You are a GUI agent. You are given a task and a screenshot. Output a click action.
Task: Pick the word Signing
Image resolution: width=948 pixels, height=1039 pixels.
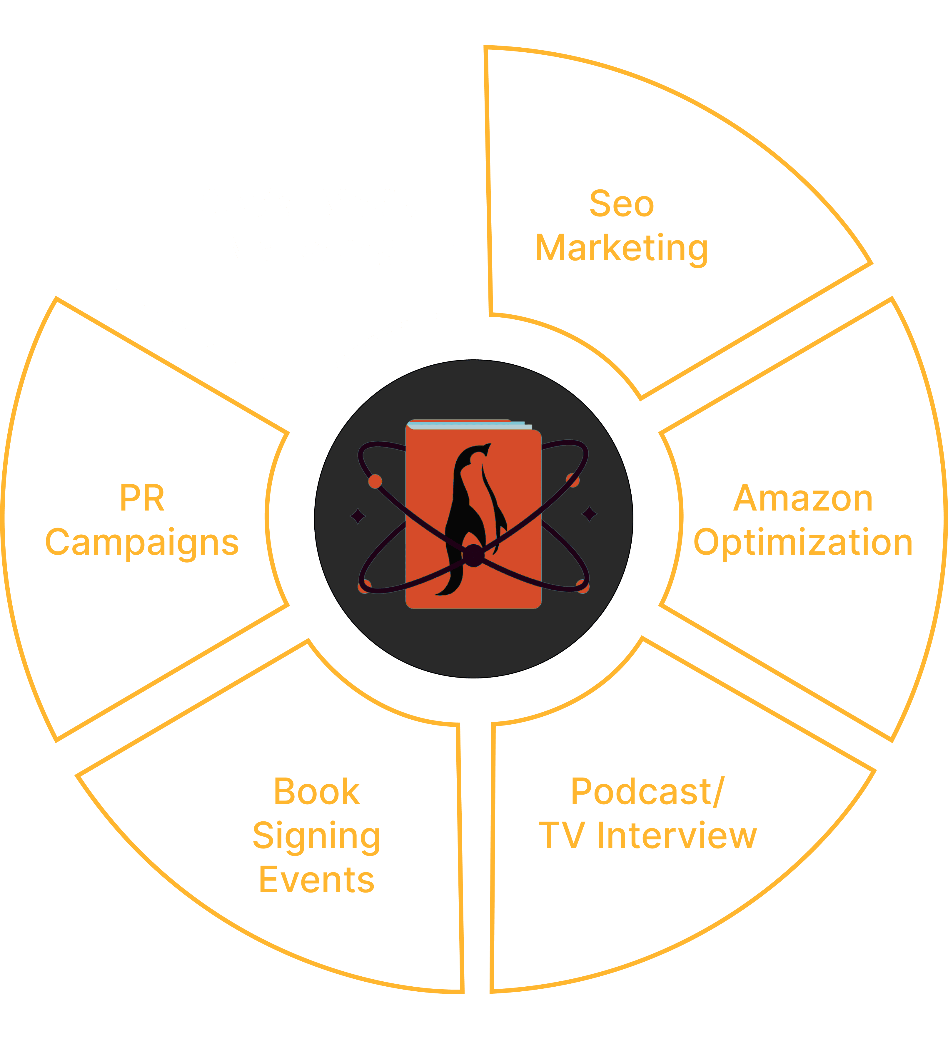pyautogui.click(x=316, y=836)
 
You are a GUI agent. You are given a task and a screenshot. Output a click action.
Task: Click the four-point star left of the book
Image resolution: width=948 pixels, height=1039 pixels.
pyautogui.click(x=358, y=515)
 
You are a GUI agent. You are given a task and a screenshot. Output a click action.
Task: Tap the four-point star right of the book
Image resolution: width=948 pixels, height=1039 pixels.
pyautogui.click(x=589, y=513)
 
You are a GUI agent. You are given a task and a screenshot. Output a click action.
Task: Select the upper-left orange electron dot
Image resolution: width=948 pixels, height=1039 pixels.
pyautogui.click(x=375, y=481)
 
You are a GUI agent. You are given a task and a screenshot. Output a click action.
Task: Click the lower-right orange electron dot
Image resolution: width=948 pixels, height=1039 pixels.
pyautogui.click(x=583, y=586)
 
